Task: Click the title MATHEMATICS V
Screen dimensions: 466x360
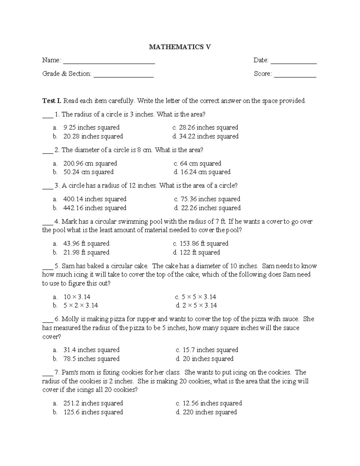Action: [x=180, y=47]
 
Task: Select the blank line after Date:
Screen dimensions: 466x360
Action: [x=294, y=63]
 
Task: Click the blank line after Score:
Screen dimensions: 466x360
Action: [x=295, y=77]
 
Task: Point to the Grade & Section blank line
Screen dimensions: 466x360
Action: [x=124, y=77]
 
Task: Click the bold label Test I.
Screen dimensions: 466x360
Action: [x=52, y=101]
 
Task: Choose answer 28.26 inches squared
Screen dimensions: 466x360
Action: [x=208, y=128]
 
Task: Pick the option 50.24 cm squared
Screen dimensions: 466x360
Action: [x=88, y=172]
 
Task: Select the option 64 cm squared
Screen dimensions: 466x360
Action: [x=200, y=164]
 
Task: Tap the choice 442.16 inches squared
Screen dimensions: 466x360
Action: [x=94, y=208]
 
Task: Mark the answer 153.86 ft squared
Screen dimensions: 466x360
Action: [x=204, y=243]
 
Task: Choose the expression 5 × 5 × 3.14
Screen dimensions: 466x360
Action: [x=199, y=297]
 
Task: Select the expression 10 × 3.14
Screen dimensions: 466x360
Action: [x=77, y=297]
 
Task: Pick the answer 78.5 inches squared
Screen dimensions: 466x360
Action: [x=91, y=359]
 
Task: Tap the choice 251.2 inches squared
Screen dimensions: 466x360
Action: [x=93, y=403]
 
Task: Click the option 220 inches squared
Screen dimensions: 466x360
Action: [x=209, y=412]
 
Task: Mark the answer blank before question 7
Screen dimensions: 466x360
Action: [x=47, y=374]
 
